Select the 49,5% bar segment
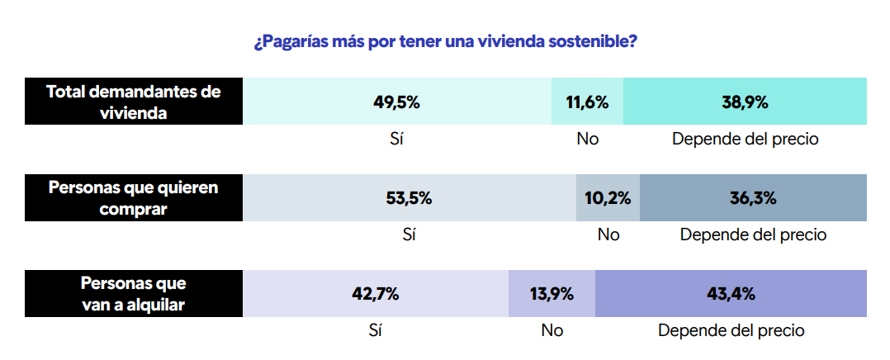click(x=397, y=102)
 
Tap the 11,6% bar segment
click(x=587, y=102)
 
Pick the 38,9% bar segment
click(x=745, y=102)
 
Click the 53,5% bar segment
click(x=409, y=198)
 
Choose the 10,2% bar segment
click(x=608, y=198)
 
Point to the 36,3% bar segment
click(x=753, y=198)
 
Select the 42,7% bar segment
click(x=376, y=294)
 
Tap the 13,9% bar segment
click(x=552, y=294)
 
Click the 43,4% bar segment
click(x=731, y=294)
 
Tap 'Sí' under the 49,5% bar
click(x=397, y=139)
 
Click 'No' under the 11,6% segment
click(x=587, y=139)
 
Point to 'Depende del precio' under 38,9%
click(x=745, y=139)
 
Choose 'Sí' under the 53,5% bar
click(x=409, y=234)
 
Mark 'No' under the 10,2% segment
click(x=608, y=234)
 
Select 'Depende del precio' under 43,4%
click(x=731, y=330)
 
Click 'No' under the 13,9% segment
click(x=552, y=330)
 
